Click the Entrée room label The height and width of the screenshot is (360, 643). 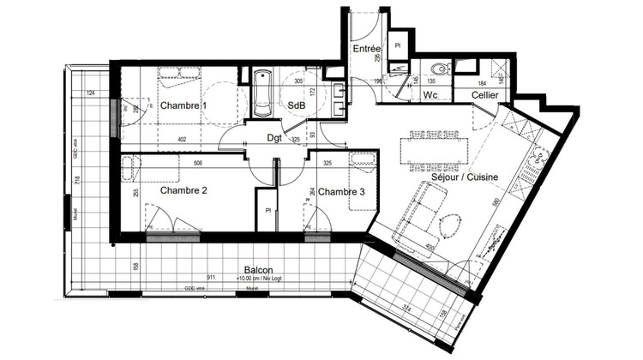367,51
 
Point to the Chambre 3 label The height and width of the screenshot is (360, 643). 342,192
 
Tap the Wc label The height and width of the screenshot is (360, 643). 430,96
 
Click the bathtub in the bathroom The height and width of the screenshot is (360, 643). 261,93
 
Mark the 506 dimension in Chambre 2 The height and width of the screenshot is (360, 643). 198,162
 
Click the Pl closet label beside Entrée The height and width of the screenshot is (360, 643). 399,45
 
